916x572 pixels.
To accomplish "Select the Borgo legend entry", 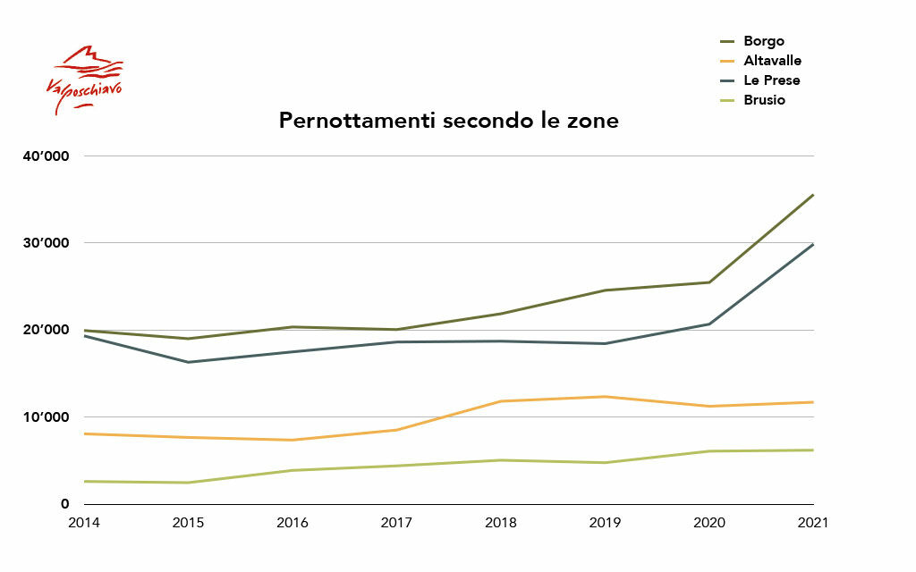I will click(762, 41).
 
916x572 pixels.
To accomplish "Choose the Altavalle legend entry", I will click(771, 61).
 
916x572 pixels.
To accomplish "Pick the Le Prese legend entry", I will click(770, 80).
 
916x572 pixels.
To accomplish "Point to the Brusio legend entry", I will click(763, 100).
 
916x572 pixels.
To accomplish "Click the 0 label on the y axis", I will click(64, 504).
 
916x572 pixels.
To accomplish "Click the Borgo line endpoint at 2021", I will click(812, 195).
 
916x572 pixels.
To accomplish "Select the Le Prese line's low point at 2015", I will click(188, 362).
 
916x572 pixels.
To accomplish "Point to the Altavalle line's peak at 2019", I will click(605, 397).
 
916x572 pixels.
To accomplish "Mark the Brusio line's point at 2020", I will click(709, 451).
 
